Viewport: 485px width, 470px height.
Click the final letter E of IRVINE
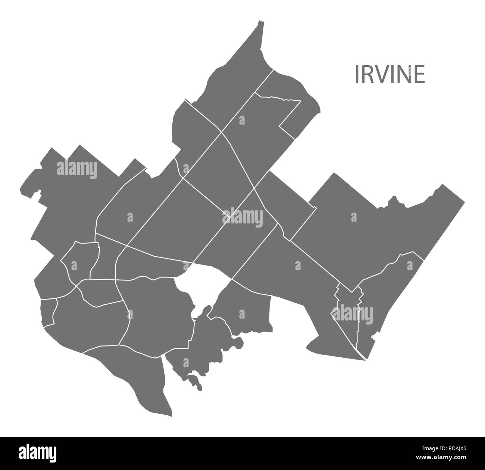click(x=420, y=74)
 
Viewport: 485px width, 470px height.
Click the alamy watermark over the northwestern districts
click(x=76, y=170)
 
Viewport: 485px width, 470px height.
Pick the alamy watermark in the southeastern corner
click(x=352, y=313)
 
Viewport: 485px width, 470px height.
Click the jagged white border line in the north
click(x=278, y=98)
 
